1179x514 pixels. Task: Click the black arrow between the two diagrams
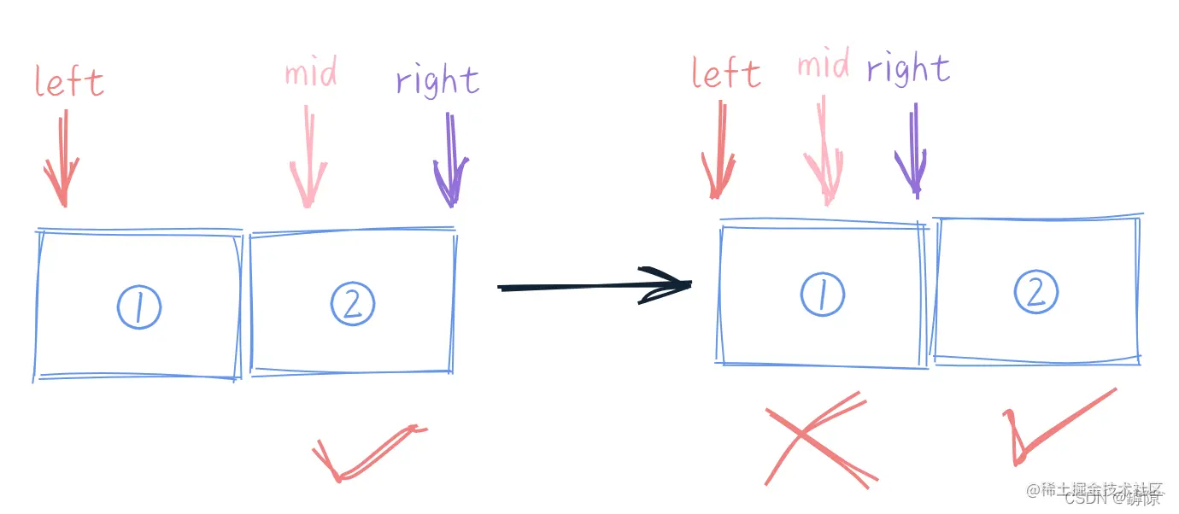pos(594,286)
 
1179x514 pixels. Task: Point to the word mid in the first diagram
pos(311,73)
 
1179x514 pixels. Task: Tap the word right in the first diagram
pos(437,81)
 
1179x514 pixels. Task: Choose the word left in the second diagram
pos(726,73)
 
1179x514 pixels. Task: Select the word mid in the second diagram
pos(824,66)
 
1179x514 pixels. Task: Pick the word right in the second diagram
pos(908,68)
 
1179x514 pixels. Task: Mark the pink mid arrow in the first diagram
pos(308,158)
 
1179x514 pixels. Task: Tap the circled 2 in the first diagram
pos(353,303)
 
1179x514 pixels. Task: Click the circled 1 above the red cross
pos(823,295)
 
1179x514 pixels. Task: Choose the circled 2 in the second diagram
pos(1036,293)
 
